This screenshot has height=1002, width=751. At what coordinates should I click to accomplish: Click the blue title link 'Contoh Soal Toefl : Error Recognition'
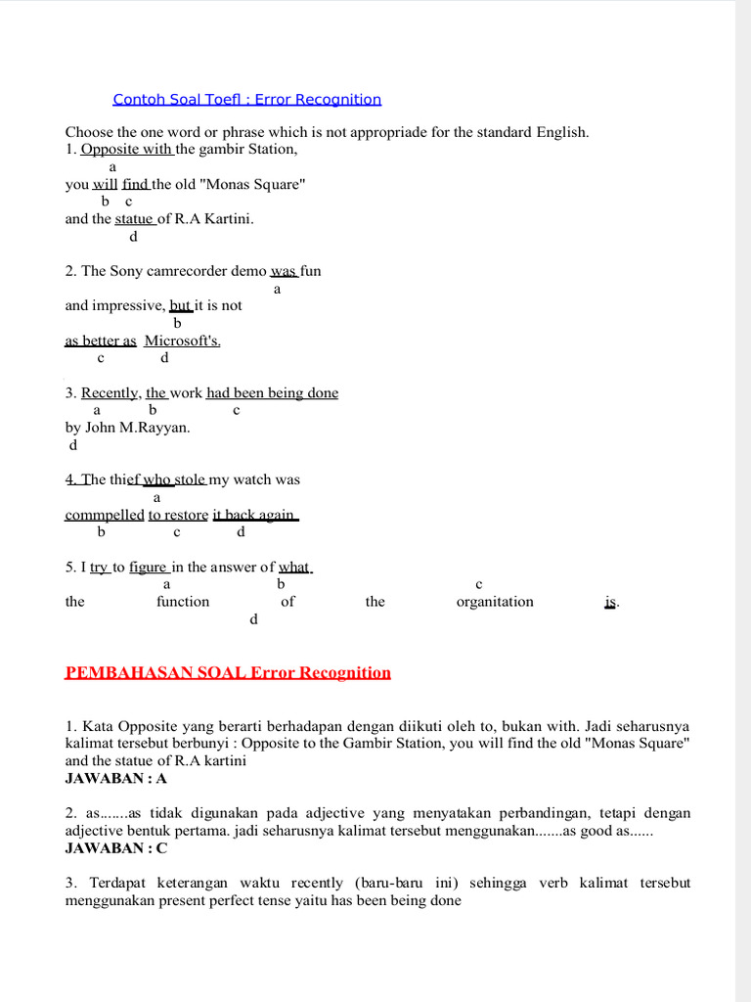(x=246, y=99)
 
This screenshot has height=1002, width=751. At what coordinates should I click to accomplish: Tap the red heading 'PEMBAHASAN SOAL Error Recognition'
(x=227, y=672)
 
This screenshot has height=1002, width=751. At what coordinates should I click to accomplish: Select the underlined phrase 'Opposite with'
(x=126, y=150)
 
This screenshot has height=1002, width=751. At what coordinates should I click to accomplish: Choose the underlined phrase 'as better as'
(x=101, y=341)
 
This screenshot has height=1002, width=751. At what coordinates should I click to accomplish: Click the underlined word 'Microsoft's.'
(x=183, y=341)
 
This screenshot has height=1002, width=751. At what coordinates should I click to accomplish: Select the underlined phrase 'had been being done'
(x=272, y=393)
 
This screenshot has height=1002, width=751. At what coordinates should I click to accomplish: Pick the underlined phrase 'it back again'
(x=254, y=515)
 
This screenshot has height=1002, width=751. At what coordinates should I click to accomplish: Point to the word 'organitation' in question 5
(x=495, y=602)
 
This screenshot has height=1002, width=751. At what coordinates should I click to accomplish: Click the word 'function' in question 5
(x=183, y=602)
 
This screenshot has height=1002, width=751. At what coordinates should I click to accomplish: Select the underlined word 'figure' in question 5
(x=149, y=568)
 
